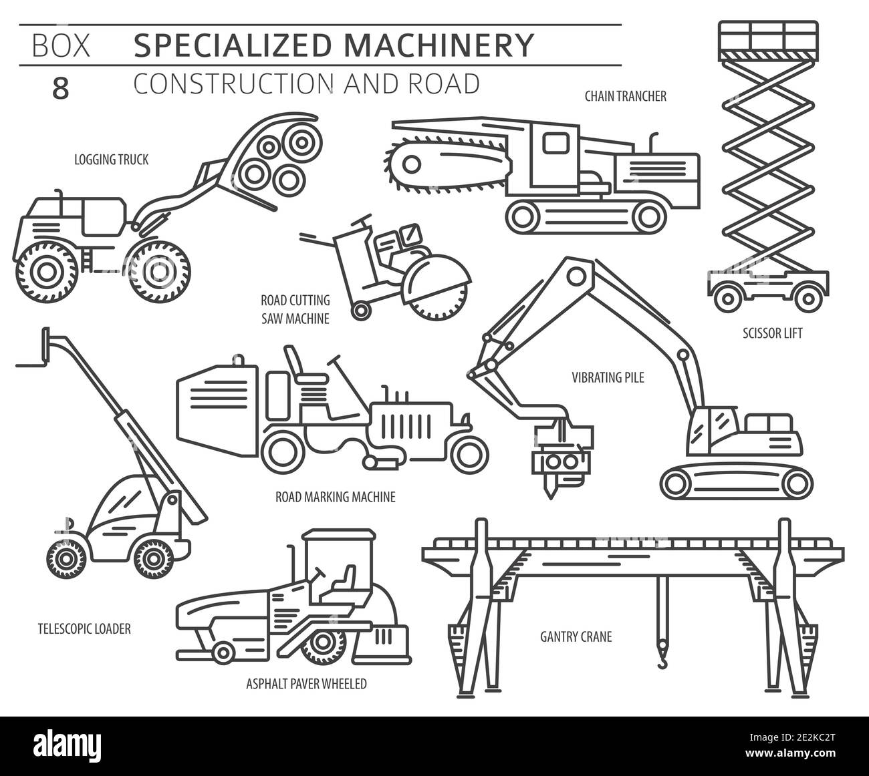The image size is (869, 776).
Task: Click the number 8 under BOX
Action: [x=60, y=89]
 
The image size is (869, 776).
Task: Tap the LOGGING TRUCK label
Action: [x=112, y=160]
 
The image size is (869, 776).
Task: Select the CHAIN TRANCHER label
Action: [x=625, y=97]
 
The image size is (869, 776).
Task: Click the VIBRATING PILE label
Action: [x=608, y=378]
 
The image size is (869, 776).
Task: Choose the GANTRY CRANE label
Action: [x=576, y=636]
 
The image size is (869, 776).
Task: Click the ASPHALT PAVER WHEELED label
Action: [x=306, y=684]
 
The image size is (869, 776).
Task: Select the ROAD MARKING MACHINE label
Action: [x=336, y=497]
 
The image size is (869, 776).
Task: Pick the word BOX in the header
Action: [x=60, y=45]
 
